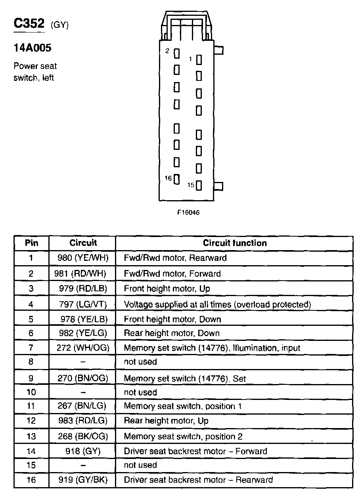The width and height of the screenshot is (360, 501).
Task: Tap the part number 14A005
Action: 33,48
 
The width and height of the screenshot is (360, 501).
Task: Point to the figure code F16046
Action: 188,212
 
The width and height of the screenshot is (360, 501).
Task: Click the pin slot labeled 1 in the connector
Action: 199,59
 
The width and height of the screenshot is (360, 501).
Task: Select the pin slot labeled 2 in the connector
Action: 177,53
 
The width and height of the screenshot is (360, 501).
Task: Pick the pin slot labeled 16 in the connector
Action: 177,179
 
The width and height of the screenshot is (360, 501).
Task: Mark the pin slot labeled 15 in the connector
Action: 199,185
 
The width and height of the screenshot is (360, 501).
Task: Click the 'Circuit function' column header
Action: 235,243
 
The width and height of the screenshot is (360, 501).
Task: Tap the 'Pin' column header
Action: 32,243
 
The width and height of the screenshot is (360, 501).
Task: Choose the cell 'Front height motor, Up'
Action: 167,289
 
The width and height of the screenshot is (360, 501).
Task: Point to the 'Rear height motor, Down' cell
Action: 172,333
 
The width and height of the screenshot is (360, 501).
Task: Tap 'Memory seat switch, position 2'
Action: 183,436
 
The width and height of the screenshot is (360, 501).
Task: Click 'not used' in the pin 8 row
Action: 140,361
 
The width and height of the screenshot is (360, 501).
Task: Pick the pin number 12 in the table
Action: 31,421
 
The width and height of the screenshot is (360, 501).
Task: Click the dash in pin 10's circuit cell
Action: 83,392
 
